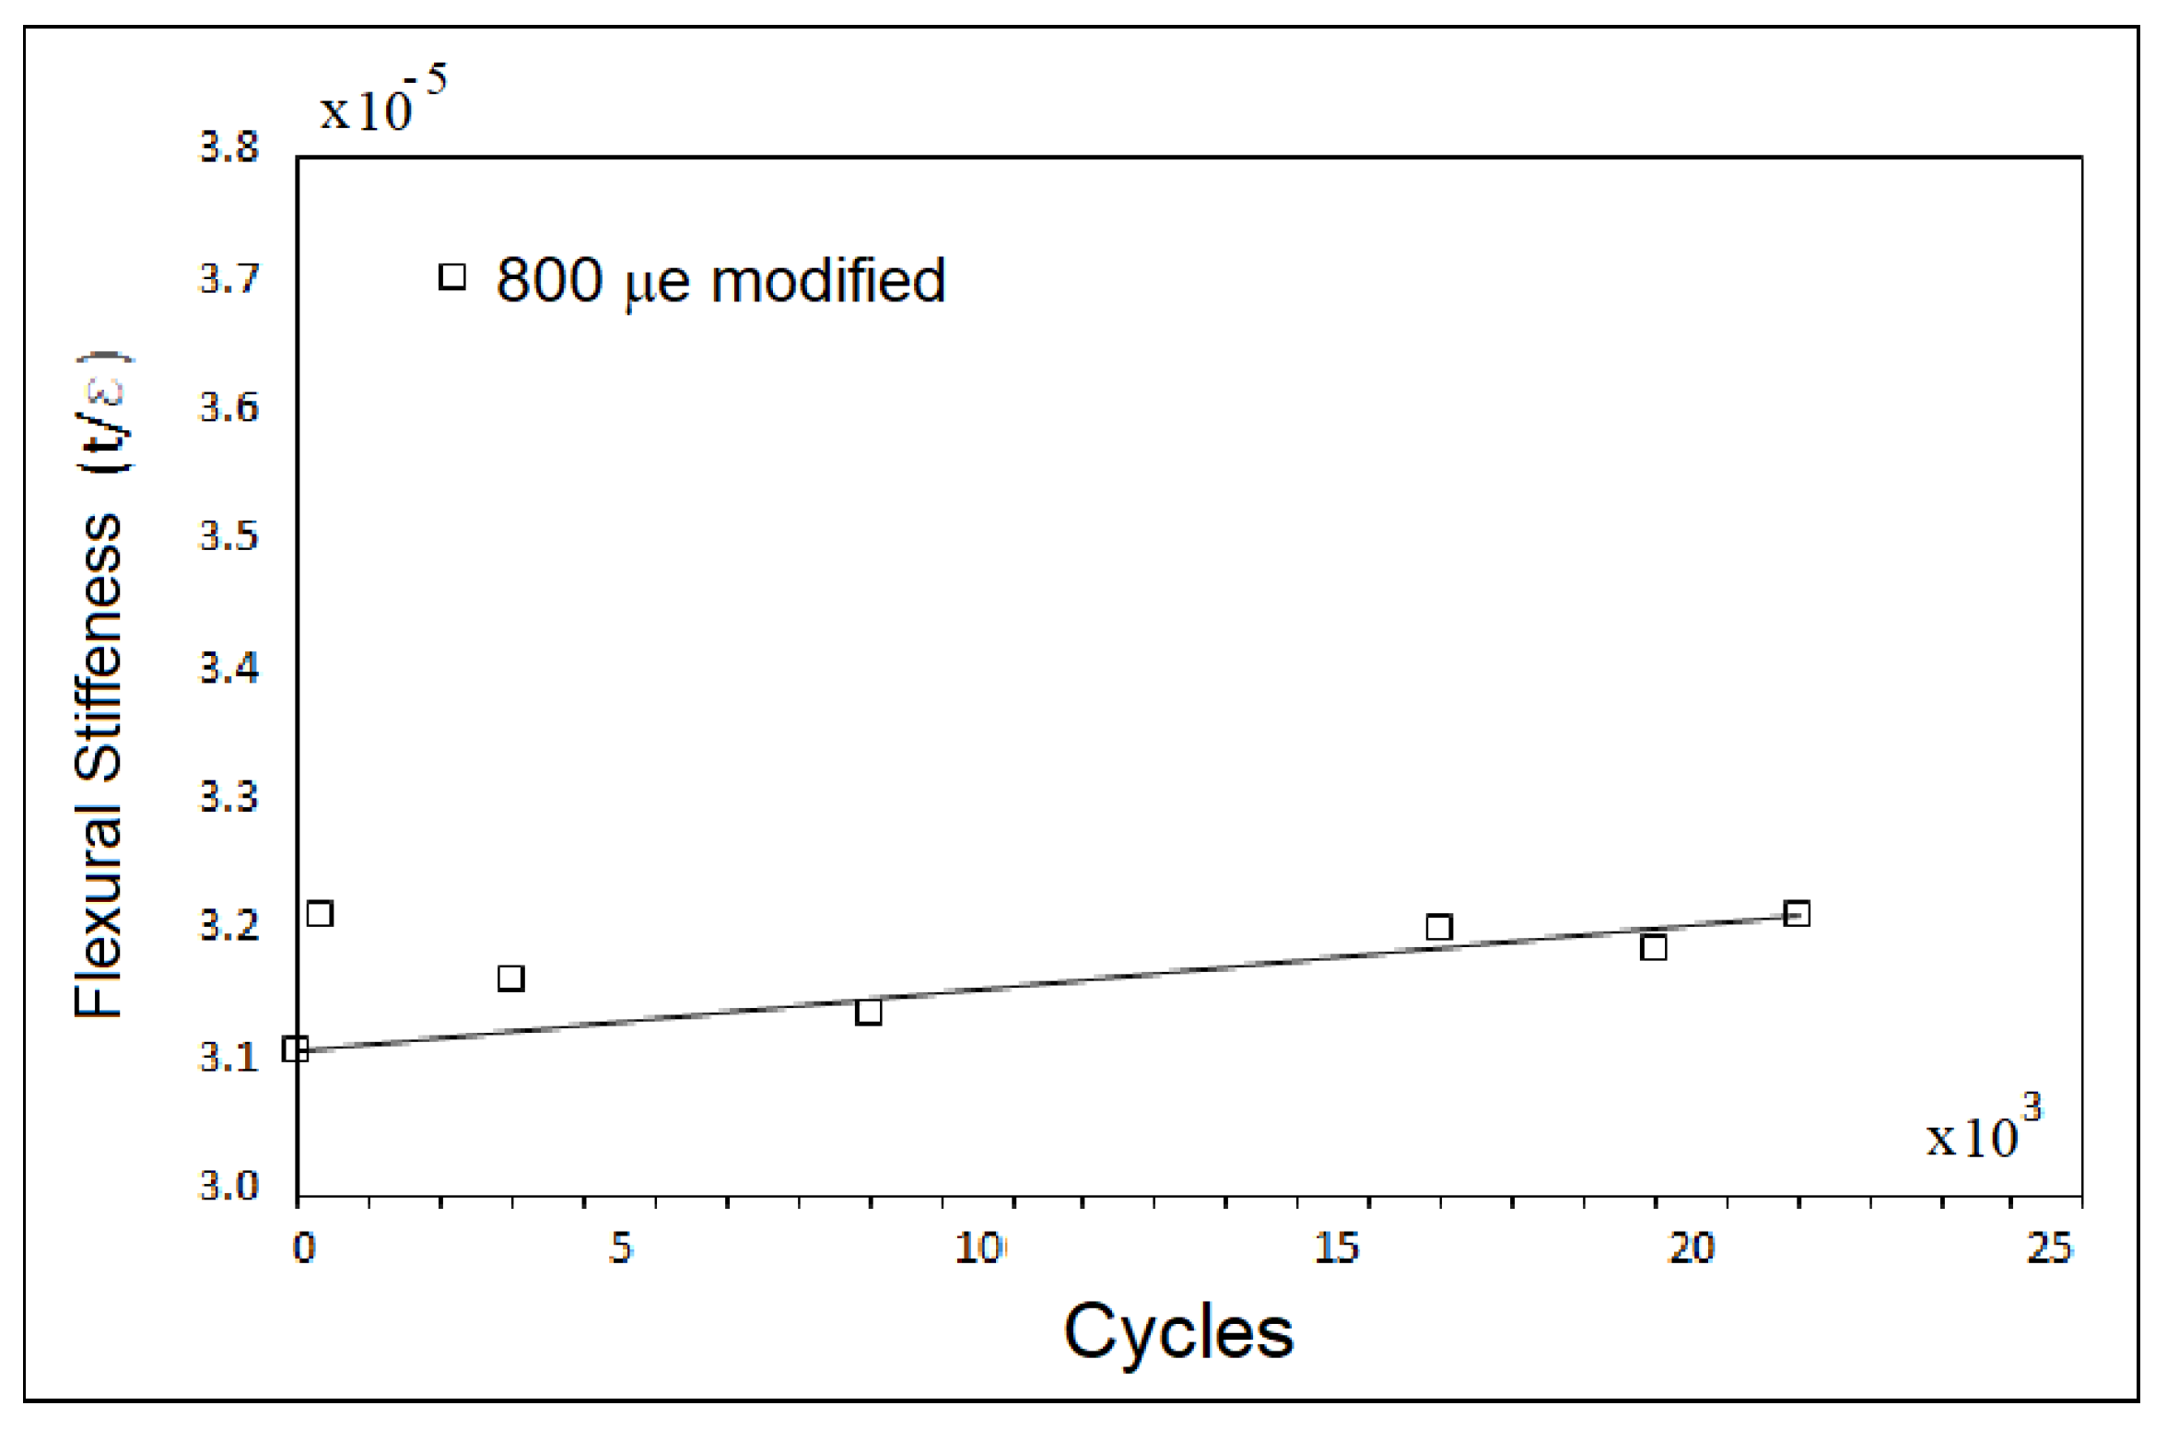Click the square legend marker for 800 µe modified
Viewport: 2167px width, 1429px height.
(x=451, y=276)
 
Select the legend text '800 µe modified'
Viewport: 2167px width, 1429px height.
(x=720, y=280)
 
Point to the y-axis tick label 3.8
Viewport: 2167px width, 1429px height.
(x=229, y=148)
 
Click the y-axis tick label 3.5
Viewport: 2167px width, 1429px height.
(x=229, y=536)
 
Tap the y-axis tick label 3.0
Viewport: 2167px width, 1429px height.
(x=229, y=1186)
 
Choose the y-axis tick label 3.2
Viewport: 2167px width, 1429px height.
(x=229, y=926)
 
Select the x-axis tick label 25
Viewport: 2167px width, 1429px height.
(x=2049, y=1248)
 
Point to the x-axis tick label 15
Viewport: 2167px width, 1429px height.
(x=1336, y=1248)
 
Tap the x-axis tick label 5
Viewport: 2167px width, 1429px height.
(x=621, y=1248)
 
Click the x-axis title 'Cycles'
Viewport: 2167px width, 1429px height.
(x=1178, y=1332)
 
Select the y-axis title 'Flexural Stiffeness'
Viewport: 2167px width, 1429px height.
(x=99, y=765)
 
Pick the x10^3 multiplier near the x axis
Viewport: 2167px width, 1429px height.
(x=1983, y=1129)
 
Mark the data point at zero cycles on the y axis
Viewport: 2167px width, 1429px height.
(x=295, y=1048)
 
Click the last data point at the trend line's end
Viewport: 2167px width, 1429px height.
(x=1797, y=914)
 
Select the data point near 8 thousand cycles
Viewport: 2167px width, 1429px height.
(x=868, y=1013)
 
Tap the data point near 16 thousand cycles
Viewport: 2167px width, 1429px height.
(x=1438, y=927)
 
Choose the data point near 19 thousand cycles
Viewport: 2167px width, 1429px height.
(x=1654, y=947)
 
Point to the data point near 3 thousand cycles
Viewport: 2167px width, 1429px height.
(x=510, y=978)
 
